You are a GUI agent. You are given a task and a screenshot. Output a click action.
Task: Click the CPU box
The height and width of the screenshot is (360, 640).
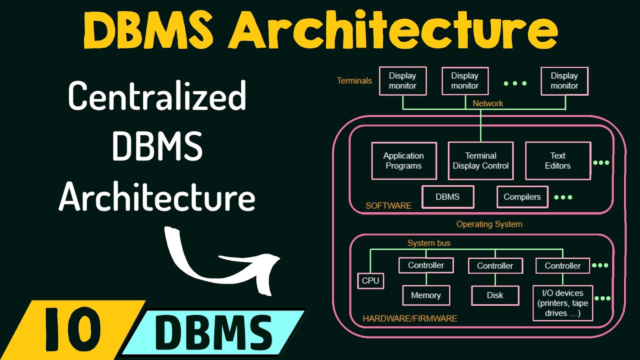370,280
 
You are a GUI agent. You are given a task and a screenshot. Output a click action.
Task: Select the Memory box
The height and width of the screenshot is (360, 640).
426,295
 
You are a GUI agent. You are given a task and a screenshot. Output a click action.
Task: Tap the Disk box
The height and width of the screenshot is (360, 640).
495,295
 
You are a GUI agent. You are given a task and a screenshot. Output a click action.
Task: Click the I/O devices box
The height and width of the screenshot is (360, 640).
562,302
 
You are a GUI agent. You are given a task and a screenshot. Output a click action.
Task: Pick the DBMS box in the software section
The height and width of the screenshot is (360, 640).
447,197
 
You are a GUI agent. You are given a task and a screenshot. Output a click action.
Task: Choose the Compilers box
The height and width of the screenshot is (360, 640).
522,197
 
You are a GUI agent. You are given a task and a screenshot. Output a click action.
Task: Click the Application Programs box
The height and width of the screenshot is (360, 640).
403,161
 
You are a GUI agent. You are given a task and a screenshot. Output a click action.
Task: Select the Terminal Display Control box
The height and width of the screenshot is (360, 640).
480,161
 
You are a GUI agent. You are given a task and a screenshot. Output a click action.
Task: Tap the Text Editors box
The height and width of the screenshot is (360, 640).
557,161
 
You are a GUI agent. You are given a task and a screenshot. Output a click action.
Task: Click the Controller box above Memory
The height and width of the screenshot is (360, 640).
426,265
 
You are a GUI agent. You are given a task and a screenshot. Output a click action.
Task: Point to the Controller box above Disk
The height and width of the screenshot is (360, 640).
495,266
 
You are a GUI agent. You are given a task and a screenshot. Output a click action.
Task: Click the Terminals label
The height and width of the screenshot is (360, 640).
354,80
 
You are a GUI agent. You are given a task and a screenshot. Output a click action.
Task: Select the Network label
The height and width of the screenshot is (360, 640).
488,103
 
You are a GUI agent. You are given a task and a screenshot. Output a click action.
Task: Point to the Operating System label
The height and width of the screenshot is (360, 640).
489,224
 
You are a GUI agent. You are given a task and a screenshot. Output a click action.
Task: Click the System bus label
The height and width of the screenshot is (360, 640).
428,243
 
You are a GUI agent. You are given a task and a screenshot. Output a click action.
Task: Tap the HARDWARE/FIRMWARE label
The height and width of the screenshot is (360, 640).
409,318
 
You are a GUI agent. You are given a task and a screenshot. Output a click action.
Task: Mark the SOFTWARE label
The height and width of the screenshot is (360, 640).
388,205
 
